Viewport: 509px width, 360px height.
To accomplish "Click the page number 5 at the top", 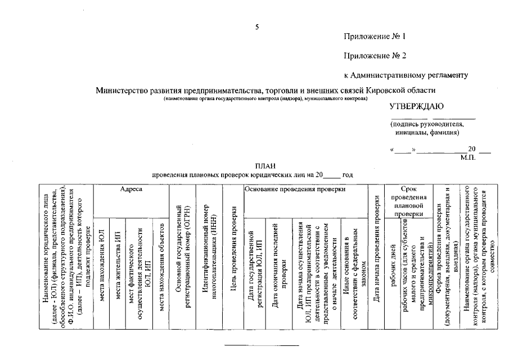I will pos(256,28).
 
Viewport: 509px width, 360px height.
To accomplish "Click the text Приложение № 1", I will pos(375,37).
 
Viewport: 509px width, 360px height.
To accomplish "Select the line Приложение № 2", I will pos(375,56).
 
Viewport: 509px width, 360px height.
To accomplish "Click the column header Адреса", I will pos(131,190).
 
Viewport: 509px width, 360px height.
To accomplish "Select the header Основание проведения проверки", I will pos(295,190).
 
